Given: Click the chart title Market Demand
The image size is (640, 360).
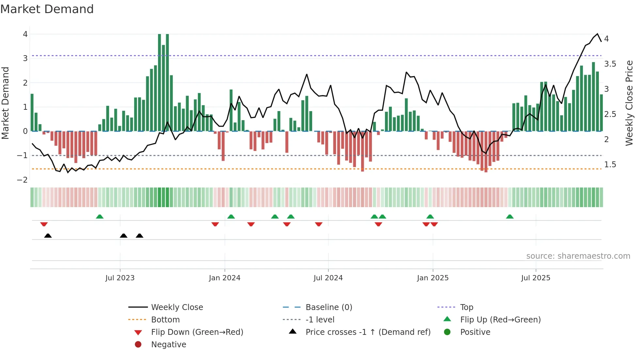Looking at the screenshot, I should [47, 9].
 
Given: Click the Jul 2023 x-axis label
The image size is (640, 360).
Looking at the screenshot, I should [120, 278].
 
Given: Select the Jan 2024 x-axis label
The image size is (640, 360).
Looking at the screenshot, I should [225, 278].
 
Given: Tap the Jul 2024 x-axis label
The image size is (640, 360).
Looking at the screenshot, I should [328, 278].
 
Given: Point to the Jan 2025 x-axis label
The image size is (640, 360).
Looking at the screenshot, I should [433, 278].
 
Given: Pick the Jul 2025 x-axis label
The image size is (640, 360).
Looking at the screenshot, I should [536, 278].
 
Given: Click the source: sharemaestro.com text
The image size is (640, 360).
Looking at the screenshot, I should [578, 256].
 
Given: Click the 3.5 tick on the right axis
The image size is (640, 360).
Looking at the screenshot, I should [610, 64].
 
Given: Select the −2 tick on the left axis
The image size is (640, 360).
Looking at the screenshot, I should [23, 180].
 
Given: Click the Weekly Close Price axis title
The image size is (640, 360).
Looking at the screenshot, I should [629, 103].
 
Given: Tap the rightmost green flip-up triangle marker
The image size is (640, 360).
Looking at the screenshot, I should [510, 217].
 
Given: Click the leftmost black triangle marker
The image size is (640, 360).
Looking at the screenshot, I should [48, 236].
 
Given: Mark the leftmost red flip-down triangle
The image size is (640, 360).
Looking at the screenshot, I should [44, 224].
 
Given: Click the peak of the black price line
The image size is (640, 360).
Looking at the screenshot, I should [597, 34].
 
